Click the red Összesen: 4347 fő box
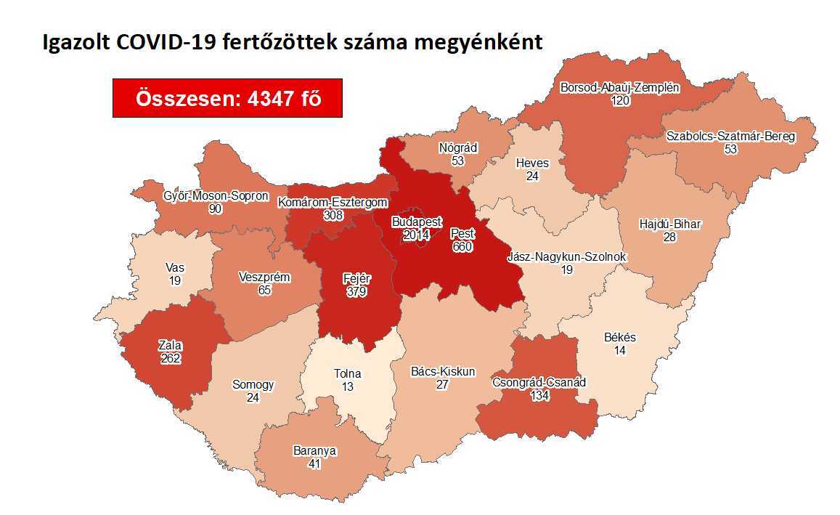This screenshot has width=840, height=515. coord(227,98)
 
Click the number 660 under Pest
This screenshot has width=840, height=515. coord(462,247)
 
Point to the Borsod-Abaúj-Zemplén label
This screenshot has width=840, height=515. coord(619,88)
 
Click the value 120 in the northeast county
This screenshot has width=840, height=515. coord(619,101)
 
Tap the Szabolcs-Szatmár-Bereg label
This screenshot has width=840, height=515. coord(730,136)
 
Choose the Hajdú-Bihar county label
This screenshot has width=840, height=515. coord(669,224)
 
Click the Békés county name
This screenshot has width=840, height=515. coord(619,337)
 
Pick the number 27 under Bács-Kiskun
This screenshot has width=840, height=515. coord(442,385)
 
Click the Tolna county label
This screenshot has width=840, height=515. coord(347,374)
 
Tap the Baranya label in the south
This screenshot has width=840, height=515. coord(314,450)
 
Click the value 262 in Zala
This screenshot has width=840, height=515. coord(171,358)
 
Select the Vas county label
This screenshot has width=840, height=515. coord(175,267)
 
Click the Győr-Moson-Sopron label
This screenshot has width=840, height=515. coord(215,196)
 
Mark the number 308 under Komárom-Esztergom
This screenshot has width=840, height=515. coord(333,216)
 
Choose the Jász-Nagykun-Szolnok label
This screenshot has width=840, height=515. coord(566,256)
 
